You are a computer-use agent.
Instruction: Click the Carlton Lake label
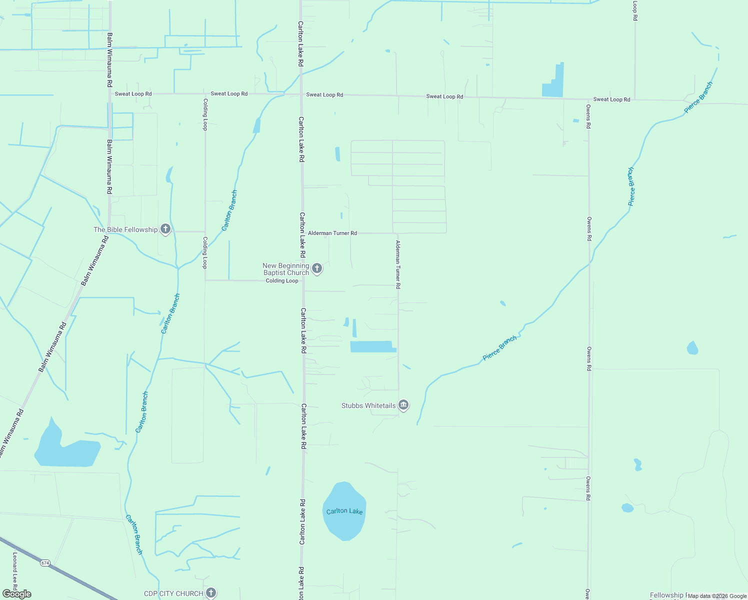pos(344,511)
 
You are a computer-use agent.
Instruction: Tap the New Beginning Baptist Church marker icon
pos(316,268)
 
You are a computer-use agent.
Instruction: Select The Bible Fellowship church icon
pos(165,229)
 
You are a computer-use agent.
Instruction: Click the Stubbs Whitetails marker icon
pos(403,405)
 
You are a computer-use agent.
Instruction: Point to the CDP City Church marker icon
pos(211,593)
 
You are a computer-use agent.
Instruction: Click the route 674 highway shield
pos(45,563)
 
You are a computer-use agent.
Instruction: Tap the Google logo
pos(17,594)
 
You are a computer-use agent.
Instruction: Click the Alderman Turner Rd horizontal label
pos(332,233)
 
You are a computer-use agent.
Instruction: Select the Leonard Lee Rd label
pos(15,570)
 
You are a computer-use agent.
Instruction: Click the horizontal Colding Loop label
pos(282,280)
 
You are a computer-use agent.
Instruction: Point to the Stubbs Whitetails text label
pos(368,405)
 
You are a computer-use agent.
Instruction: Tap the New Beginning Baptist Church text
pos(286,269)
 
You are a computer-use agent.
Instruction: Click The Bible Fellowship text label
pos(125,229)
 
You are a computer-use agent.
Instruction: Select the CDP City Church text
pos(173,593)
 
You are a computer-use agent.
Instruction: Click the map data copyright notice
pos(717,596)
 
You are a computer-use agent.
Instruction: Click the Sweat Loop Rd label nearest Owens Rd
pos(611,99)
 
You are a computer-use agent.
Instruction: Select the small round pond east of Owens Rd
pos(692,348)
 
